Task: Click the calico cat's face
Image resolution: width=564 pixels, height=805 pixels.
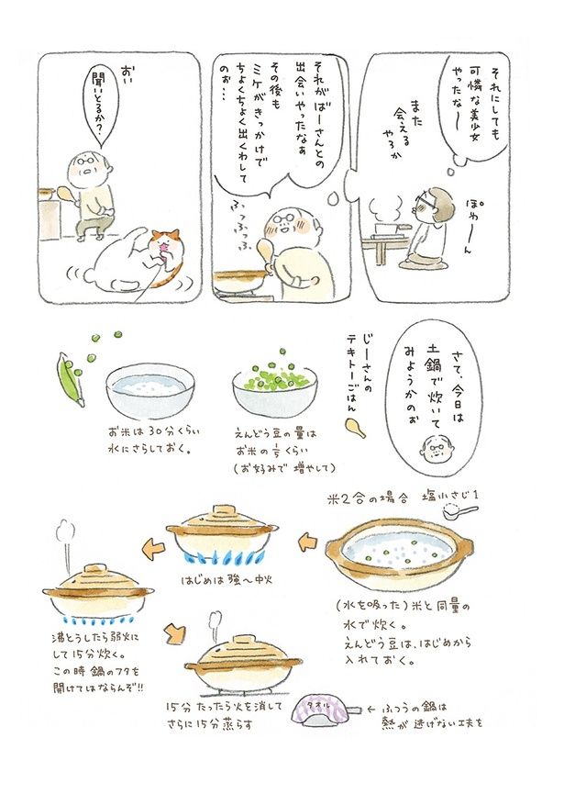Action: click(164, 245)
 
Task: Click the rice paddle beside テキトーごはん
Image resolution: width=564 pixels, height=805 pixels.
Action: click(356, 428)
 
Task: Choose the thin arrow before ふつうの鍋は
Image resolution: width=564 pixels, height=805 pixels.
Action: click(370, 709)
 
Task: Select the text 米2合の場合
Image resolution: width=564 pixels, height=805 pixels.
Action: click(367, 497)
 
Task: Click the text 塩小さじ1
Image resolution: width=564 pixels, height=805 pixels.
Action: click(449, 495)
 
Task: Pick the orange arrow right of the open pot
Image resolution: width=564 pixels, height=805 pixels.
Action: click(307, 542)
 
